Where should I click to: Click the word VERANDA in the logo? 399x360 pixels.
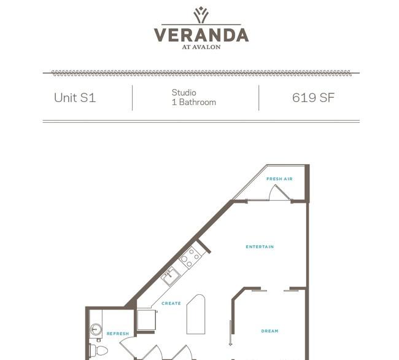201,35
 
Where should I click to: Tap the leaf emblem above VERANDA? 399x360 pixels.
201,15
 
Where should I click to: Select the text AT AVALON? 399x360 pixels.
201,47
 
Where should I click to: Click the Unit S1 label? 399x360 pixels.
75,98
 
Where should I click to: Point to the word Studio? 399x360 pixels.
184,93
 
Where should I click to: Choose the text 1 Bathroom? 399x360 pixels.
194,103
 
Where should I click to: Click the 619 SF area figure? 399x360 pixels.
313,98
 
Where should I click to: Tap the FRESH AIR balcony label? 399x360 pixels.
279,179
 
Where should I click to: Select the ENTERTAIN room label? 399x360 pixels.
260,247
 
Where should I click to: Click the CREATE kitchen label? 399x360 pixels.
171,303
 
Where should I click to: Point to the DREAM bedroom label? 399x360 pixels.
269,331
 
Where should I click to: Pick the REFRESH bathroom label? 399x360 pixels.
118,334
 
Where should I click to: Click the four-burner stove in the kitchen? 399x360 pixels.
190,257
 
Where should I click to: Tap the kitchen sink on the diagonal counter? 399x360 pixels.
171,276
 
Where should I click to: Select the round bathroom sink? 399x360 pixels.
96,329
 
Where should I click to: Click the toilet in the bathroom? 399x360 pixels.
99,350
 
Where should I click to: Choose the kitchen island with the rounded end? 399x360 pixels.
196,314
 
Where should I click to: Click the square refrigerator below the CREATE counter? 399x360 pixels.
146,320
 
